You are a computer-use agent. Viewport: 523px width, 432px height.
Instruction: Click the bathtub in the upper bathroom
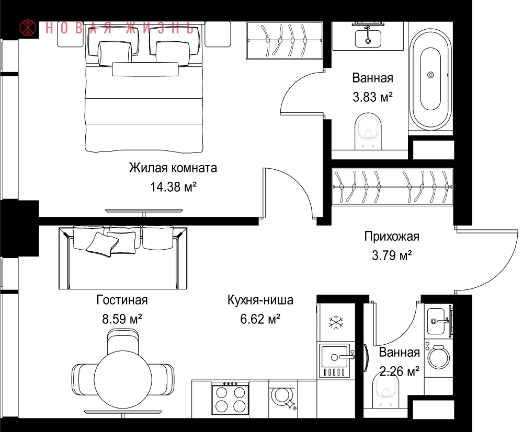pyautogui.click(x=430, y=79)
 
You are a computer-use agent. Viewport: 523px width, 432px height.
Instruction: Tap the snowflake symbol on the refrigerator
pyautogui.click(x=336, y=322)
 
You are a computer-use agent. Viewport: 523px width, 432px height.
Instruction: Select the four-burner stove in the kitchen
pyautogui.click(x=231, y=399)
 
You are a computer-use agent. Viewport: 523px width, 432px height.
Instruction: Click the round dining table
pyautogui.click(x=123, y=379)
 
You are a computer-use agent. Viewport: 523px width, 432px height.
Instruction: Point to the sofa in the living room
pyautogui.click(x=123, y=257)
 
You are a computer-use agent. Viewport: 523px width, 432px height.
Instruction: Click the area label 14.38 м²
pyautogui.click(x=173, y=187)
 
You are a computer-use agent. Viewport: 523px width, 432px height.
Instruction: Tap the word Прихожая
pyautogui.click(x=392, y=237)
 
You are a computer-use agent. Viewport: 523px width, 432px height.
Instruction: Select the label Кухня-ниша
pyautogui.click(x=260, y=300)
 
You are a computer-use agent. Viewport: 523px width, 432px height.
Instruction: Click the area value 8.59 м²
pyautogui.click(x=122, y=319)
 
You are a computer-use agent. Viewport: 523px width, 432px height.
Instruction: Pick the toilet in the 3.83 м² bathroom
pyautogui.click(x=368, y=131)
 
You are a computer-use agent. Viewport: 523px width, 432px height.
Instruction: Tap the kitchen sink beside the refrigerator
pyautogui.click(x=335, y=361)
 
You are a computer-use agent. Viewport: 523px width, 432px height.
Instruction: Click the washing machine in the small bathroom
pyautogui.click(x=439, y=358)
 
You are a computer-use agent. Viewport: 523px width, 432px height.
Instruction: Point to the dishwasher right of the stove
pyautogui.click(x=283, y=399)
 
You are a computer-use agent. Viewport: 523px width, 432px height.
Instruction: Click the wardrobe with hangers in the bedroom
pyautogui.click(x=285, y=40)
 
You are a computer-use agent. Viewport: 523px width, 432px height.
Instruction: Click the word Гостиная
pyautogui.click(x=122, y=300)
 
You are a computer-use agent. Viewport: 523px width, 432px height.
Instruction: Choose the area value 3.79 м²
pyautogui.click(x=392, y=255)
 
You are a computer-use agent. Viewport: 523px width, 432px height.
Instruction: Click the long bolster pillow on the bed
pyautogui.click(x=145, y=69)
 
